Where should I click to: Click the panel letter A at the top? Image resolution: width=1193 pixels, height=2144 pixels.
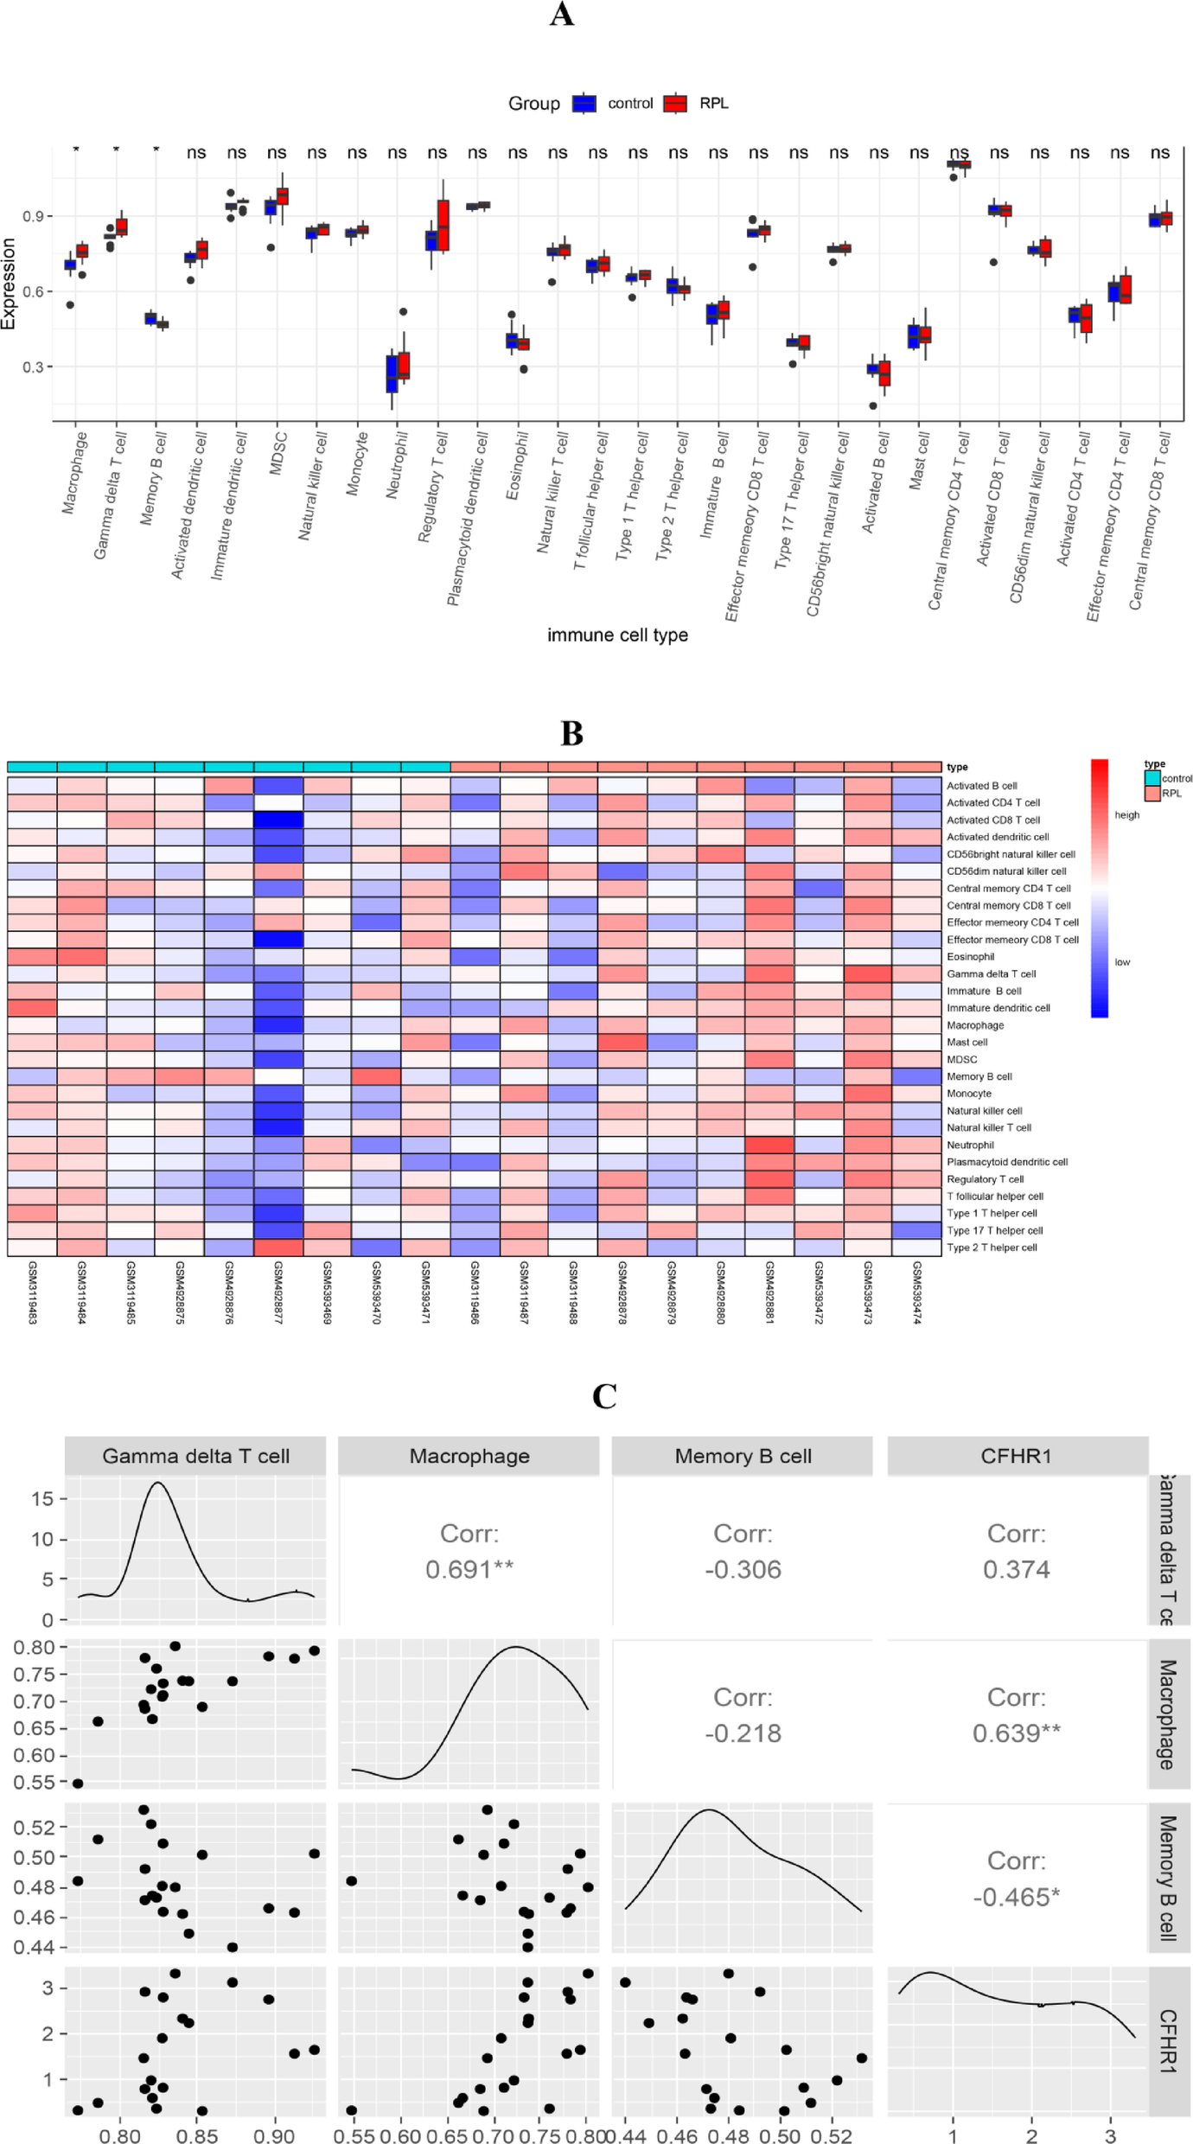(562, 15)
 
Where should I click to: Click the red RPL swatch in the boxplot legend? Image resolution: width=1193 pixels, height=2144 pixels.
(675, 104)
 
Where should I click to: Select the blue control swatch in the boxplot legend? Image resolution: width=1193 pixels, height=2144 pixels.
(584, 104)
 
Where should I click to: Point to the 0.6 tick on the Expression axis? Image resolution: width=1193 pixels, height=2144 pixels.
(34, 291)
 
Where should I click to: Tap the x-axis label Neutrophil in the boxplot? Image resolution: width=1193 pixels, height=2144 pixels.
(396, 465)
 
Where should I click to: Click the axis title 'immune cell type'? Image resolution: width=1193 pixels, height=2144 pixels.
(617, 635)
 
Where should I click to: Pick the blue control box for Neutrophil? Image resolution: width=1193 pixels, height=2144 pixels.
(392, 373)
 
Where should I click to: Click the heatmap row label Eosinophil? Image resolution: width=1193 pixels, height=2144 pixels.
(970, 957)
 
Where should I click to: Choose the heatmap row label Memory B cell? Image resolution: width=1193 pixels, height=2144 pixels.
(979, 1076)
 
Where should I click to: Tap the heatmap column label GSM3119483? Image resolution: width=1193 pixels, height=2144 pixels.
(32, 1292)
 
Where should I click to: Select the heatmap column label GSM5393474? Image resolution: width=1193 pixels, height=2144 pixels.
(916, 1292)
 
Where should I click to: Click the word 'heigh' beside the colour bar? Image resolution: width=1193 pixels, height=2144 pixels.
(1126, 814)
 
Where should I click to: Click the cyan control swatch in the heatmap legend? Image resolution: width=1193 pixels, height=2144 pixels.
(1152, 778)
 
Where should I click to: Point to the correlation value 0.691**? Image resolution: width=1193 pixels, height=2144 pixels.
(469, 1569)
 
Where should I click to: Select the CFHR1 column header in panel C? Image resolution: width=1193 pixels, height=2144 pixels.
(1016, 1456)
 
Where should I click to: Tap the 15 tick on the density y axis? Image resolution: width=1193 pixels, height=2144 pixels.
(42, 1499)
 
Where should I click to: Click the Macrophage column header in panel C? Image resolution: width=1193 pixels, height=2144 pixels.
(469, 1456)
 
